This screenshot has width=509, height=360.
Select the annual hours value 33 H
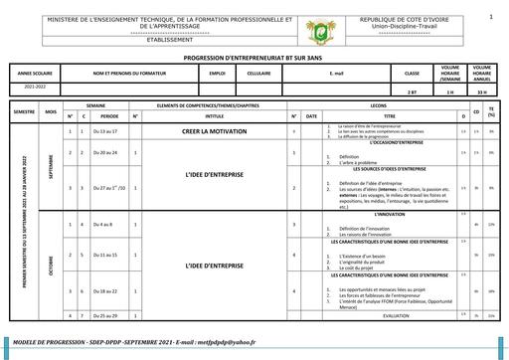click(x=482, y=91)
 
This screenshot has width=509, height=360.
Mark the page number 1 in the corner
click(x=490, y=17)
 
